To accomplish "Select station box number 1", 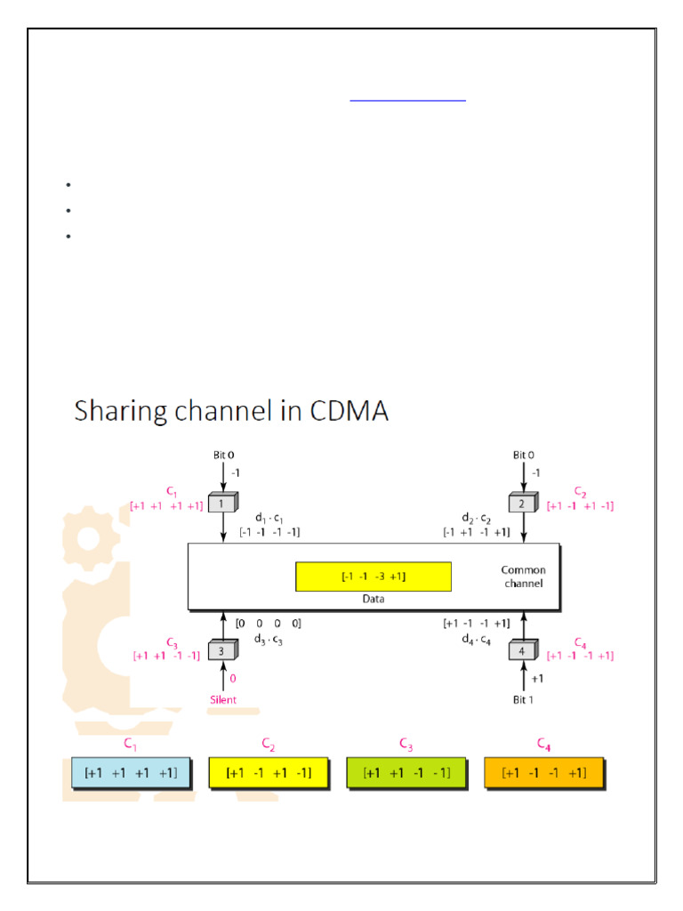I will [222, 503].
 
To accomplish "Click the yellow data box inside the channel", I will [374, 576].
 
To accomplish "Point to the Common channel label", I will [524, 576].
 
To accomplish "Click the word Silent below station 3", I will [223, 699].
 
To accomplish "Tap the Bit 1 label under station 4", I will [524, 700].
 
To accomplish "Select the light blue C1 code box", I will [131, 773].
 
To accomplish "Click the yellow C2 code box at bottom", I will [269, 773].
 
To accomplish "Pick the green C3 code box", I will [406, 773].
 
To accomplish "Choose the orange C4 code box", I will [544, 773].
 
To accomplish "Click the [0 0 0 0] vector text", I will [268, 624].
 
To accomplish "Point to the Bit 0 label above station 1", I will [223, 455].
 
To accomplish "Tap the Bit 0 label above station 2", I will [524, 455].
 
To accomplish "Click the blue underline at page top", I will [408, 101].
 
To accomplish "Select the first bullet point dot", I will [68, 185].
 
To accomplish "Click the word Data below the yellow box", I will [373, 600].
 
